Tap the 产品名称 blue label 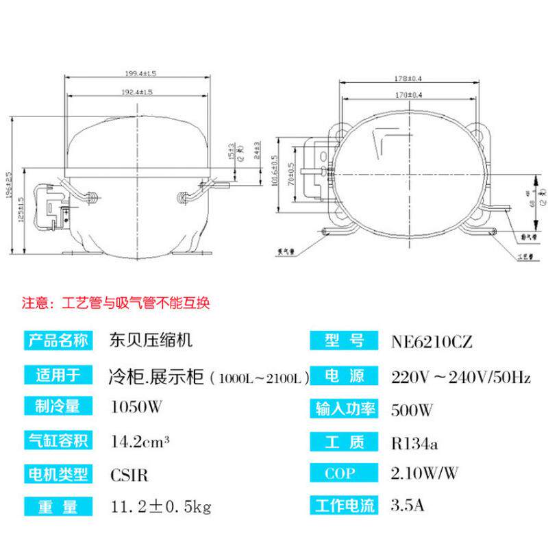coord(58,340)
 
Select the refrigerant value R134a coord(414,442)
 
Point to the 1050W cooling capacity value coord(137,408)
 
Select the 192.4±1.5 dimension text coord(137,91)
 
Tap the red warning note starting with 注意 coord(122,302)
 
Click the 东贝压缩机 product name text coord(145,340)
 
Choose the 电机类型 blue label coord(58,473)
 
